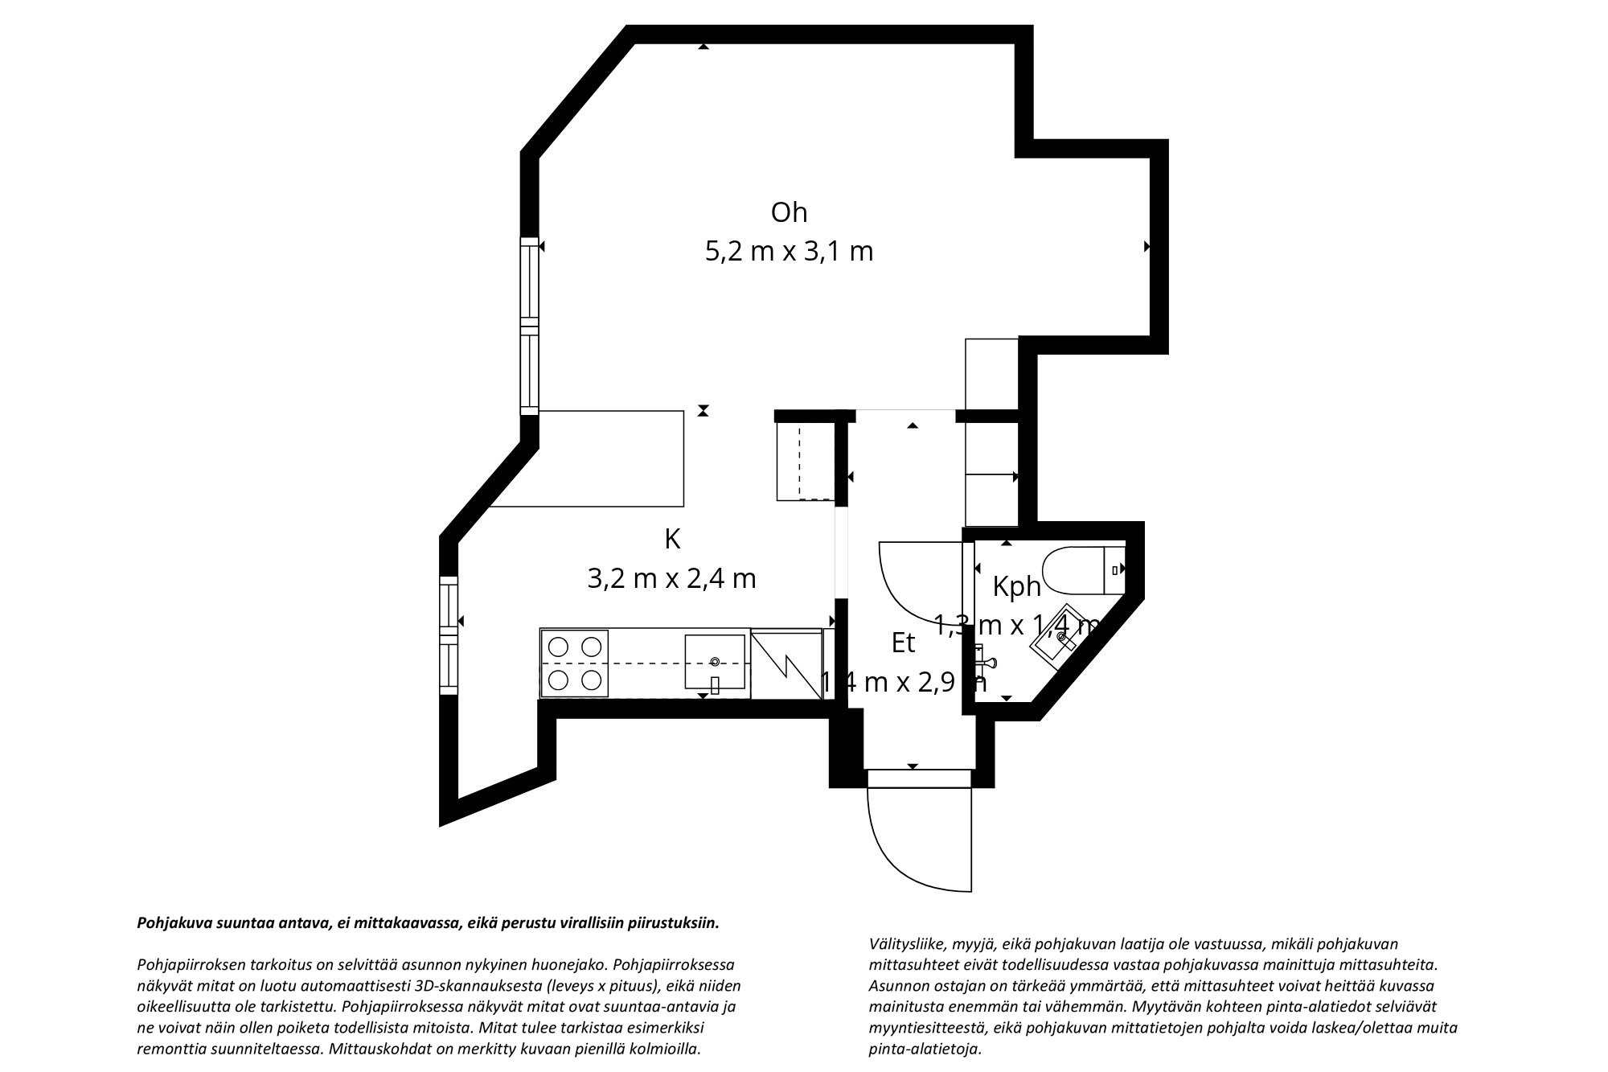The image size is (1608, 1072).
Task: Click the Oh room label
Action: pos(789,213)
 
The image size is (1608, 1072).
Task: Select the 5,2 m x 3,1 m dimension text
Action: pos(789,253)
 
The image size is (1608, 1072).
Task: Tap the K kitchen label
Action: pos(672,540)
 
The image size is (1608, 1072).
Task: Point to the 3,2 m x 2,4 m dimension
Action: pos(672,579)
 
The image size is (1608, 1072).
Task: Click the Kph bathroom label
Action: pos(1017,587)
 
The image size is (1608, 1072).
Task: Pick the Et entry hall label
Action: pos(904,643)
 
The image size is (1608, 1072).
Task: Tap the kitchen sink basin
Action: pos(715,662)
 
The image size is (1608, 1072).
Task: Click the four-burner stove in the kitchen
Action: pos(574,663)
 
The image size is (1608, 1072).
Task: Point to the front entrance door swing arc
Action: pos(917,836)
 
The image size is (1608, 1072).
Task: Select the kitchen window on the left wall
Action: pos(449,635)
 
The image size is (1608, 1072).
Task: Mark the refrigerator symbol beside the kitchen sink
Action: pos(786,663)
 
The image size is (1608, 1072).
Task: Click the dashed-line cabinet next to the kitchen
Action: pos(805,462)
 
